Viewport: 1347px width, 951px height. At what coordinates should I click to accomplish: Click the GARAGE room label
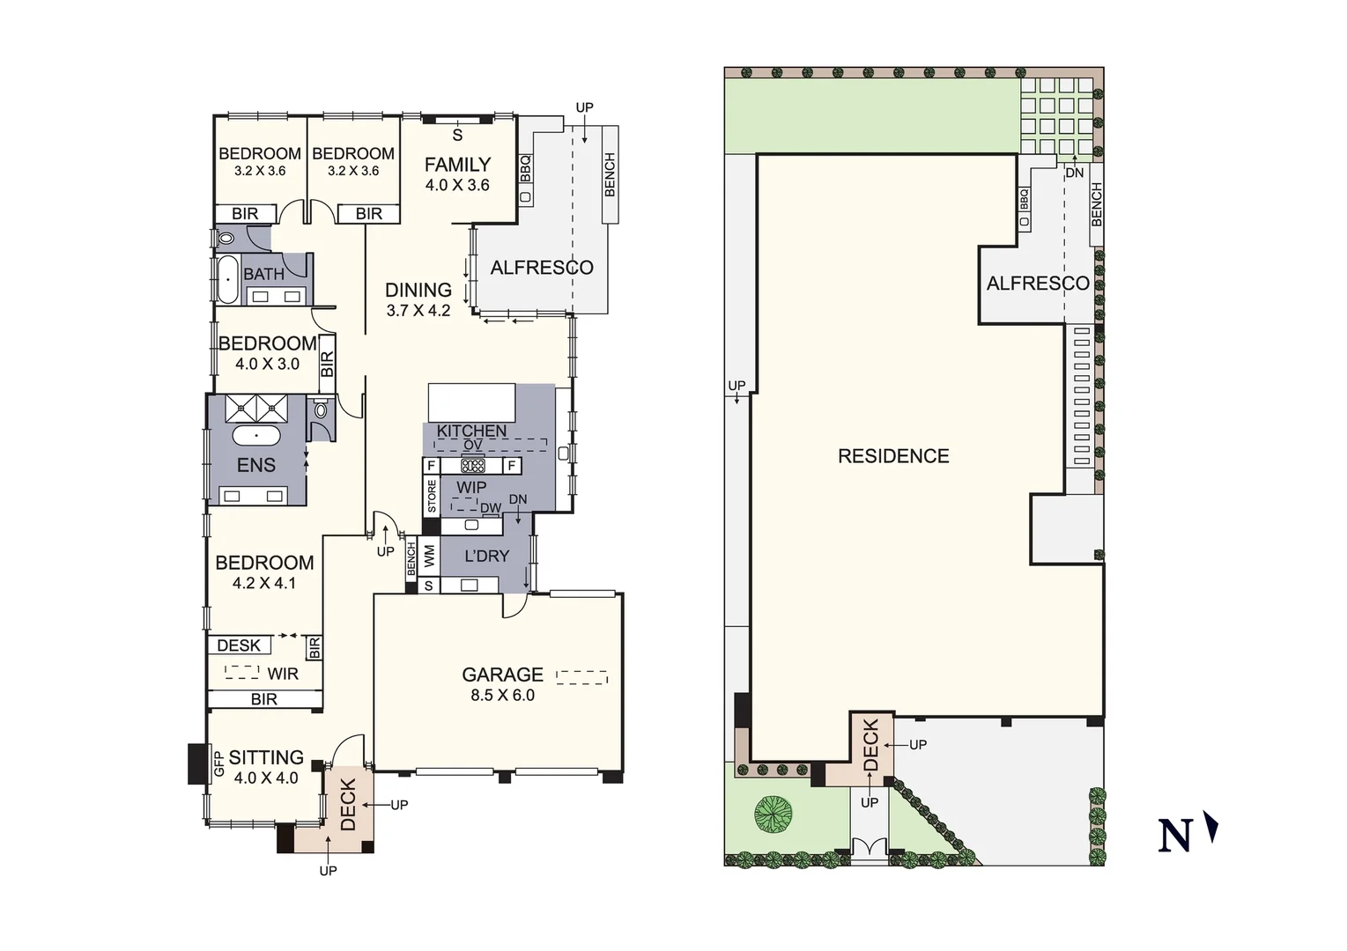(502, 675)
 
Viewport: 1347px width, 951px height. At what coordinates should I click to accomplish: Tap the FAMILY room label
(457, 165)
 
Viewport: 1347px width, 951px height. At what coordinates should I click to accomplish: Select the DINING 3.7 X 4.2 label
(418, 299)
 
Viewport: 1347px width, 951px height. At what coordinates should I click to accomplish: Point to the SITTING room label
(266, 758)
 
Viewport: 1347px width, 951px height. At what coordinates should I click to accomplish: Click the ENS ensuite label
(256, 466)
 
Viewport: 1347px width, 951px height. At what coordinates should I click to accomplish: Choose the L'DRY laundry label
(486, 557)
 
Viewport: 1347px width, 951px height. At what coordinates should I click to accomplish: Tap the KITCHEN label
(472, 431)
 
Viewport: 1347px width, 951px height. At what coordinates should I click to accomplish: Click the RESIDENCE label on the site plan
(893, 456)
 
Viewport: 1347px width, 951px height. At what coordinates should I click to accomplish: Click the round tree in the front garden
(772, 814)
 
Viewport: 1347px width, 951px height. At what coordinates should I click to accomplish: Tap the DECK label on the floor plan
(348, 805)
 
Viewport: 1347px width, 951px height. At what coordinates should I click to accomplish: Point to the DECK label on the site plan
(871, 745)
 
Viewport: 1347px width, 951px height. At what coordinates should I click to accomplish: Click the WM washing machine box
(430, 557)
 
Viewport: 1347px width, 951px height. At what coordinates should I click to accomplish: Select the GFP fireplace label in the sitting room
(218, 763)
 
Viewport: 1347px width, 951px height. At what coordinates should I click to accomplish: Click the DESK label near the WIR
(239, 645)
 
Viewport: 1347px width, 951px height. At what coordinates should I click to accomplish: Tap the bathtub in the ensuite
(256, 436)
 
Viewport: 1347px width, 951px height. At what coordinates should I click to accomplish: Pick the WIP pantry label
(471, 487)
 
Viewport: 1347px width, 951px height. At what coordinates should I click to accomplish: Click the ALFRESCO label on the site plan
(1038, 284)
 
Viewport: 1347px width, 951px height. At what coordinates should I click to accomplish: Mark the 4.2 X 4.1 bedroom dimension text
(264, 583)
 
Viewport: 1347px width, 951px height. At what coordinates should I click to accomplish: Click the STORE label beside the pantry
(432, 497)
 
